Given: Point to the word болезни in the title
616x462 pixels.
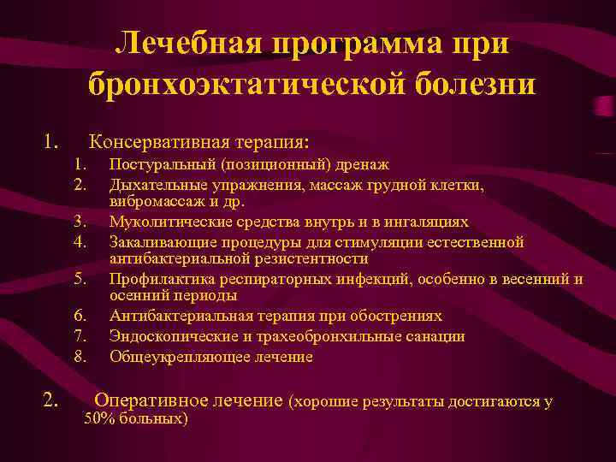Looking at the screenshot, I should pos(470,84).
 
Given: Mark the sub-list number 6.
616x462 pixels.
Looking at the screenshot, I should pos(81,317).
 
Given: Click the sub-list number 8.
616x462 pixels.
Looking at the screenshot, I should pos(81,356).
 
